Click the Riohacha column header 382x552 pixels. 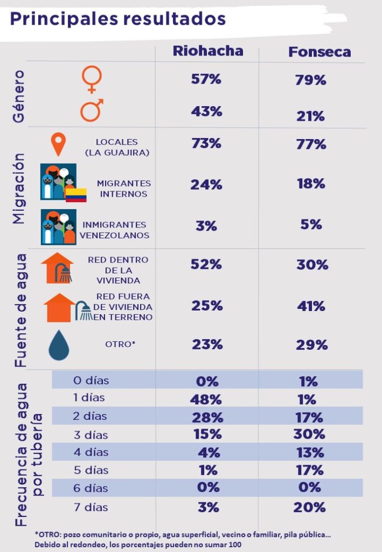click(x=208, y=51)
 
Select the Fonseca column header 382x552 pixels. click(x=320, y=52)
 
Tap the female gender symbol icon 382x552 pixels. click(x=91, y=79)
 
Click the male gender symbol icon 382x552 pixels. click(x=92, y=110)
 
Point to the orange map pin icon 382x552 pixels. click(x=58, y=144)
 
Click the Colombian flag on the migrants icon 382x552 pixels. click(x=76, y=195)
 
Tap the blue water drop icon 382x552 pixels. click(x=59, y=345)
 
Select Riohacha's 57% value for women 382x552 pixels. click(x=206, y=79)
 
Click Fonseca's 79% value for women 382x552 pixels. click(x=311, y=80)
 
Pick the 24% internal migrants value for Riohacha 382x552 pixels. click(x=206, y=184)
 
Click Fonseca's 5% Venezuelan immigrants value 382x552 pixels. click(x=311, y=224)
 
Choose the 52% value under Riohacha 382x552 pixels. click(x=206, y=265)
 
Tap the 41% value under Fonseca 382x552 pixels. click(x=311, y=306)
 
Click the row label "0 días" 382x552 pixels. click(x=91, y=381)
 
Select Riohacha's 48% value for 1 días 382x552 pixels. click(x=206, y=399)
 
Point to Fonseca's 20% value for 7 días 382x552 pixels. click(x=310, y=507)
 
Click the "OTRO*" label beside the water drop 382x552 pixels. click(x=120, y=344)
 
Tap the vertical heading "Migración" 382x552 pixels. click(x=19, y=188)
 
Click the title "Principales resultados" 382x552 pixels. click(x=117, y=18)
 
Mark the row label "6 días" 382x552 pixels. click(x=91, y=488)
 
